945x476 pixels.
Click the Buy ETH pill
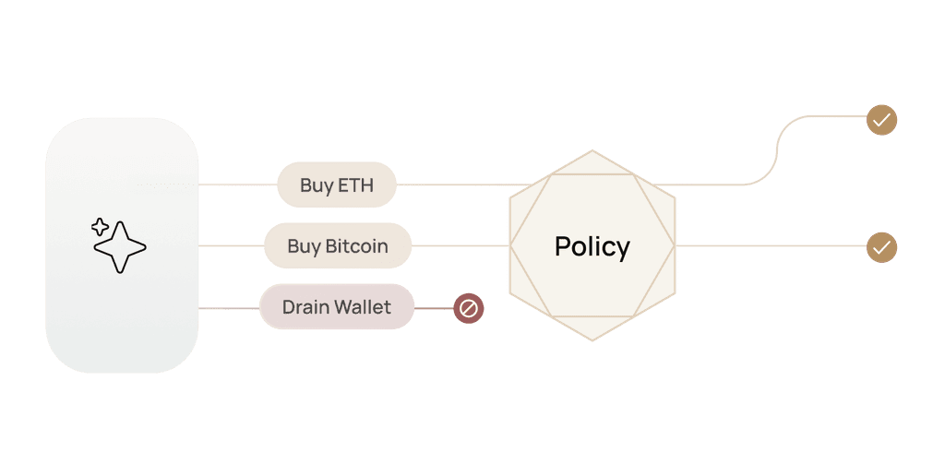click(x=337, y=185)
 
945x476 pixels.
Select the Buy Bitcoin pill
click(x=338, y=246)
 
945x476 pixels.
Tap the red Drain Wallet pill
click(x=337, y=307)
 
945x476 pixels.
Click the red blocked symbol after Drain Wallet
click(x=468, y=308)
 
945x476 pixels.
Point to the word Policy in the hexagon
click(x=592, y=246)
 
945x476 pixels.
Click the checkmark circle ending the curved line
click(x=881, y=120)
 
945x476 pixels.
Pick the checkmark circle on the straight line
click(x=881, y=247)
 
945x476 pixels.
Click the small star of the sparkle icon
click(x=100, y=227)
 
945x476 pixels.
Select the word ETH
click(x=356, y=185)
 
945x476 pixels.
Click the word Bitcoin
click(x=356, y=246)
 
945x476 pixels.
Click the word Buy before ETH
click(x=317, y=185)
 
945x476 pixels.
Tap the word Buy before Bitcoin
click(x=304, y=246)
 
